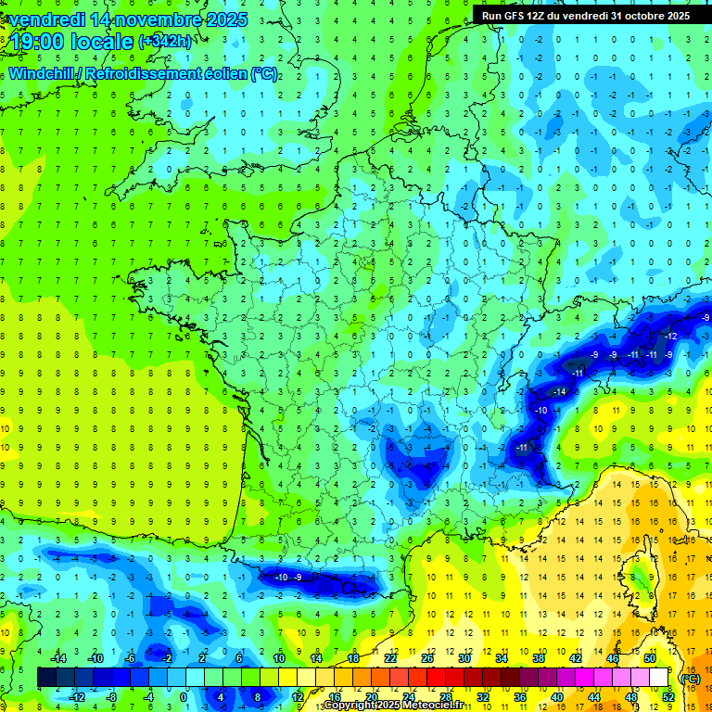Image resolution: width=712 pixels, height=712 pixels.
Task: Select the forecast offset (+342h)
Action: pyautogui.click(x=166, y=42)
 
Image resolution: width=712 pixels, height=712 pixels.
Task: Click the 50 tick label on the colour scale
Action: pyautogui.click(x=649, y=657)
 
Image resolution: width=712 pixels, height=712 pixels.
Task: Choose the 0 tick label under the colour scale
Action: pyautogui.click(x=184, y=697)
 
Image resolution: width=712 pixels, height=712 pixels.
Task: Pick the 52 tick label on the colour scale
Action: pyautogui.click(x=667, y=697)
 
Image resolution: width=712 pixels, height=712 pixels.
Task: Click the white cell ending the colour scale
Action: pyautogui.click(x=658, y=678)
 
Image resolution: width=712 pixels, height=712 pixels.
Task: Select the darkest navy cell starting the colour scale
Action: pyautogui.click(x=46, y=678)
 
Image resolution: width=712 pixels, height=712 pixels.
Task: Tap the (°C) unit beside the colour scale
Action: pyautogui.click(x=689, y=678)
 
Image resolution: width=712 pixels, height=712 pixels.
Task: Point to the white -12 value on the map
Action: pyautogui.click(x=670, y=335)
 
